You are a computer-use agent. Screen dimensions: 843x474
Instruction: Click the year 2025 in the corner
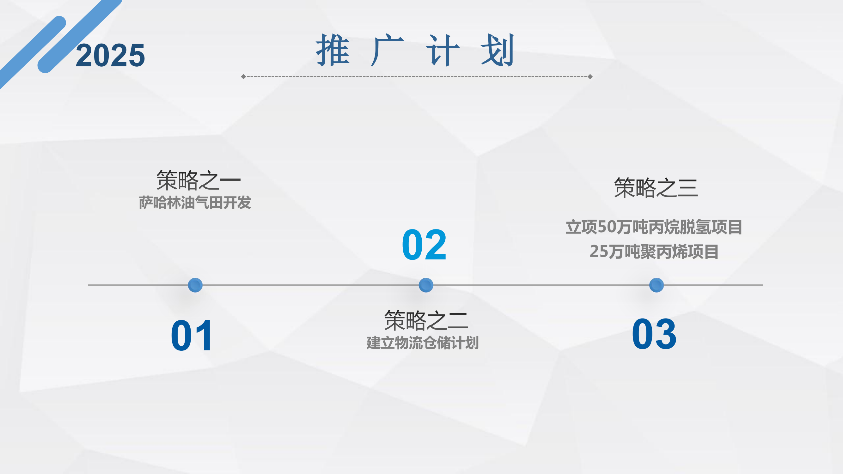pyautogui.click(x=110, y=56)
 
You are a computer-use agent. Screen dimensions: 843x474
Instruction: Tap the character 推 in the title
pyautogui.click(x=333, y=50)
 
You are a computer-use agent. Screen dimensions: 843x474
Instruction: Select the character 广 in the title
pyautogui.click(x=388, y=50)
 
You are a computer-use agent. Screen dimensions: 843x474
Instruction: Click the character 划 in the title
pyautogui.click(x=498, y=50)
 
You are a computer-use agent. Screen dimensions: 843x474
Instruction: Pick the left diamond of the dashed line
pyautogui.click(x=243, y=76)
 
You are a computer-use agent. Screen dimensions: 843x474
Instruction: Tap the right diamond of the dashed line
pyautogui.click(x=590, y=76)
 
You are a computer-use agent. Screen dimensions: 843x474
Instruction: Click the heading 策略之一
pyautogui.click(x=199, y=180)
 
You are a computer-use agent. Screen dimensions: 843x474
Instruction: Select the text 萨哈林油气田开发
pyautogui.click(x=195, y=203)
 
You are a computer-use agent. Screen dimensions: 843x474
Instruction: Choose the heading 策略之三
pyautogui.click(x=656, y=188)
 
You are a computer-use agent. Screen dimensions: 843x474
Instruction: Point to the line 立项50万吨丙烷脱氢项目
pyautogui.click(x=654, y=227)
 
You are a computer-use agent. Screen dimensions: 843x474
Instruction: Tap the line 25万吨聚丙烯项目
pyautogui.click(x=654, y=252)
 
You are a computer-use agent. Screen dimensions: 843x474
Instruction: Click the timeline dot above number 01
pyautogui.click(x=195, y=285)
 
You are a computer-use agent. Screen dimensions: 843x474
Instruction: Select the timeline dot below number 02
pyautogui.click(x=426, y=285)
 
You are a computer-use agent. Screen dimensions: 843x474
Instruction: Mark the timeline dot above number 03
pyautogui.click(x=657, y=285)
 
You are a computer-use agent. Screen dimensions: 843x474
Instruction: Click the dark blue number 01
pyautogui.click(x=192, y=336)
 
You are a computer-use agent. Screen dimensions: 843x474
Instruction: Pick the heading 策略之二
pyautogui.click(x=426, y=320)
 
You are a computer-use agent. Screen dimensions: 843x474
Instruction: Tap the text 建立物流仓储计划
pyautogui.click(x=423, y=343)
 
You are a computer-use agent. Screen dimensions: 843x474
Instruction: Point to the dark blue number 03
pyautogui.click(x=654, y=334)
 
